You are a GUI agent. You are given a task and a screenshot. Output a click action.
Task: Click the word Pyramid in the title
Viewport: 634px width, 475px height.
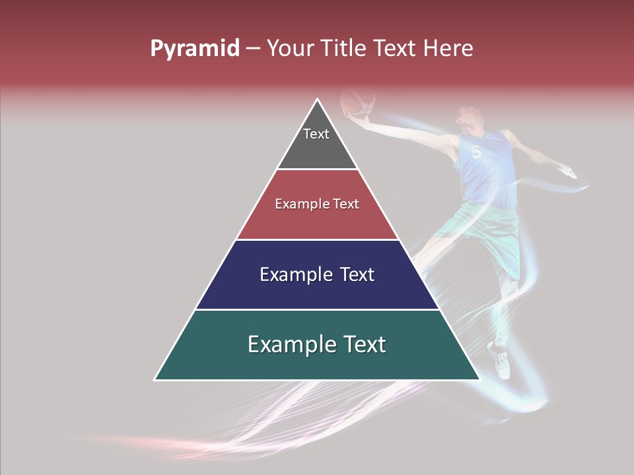tap(194, 48)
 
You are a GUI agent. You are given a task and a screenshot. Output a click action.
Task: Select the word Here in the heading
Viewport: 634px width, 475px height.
tap(448, 48)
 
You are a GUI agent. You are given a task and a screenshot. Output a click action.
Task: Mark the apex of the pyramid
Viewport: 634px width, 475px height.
tap(318, 101)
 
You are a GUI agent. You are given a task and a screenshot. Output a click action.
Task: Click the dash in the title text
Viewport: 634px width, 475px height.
tap(253, 49)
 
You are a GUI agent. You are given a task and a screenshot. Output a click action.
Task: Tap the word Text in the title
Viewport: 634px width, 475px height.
tap(394, 48)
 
